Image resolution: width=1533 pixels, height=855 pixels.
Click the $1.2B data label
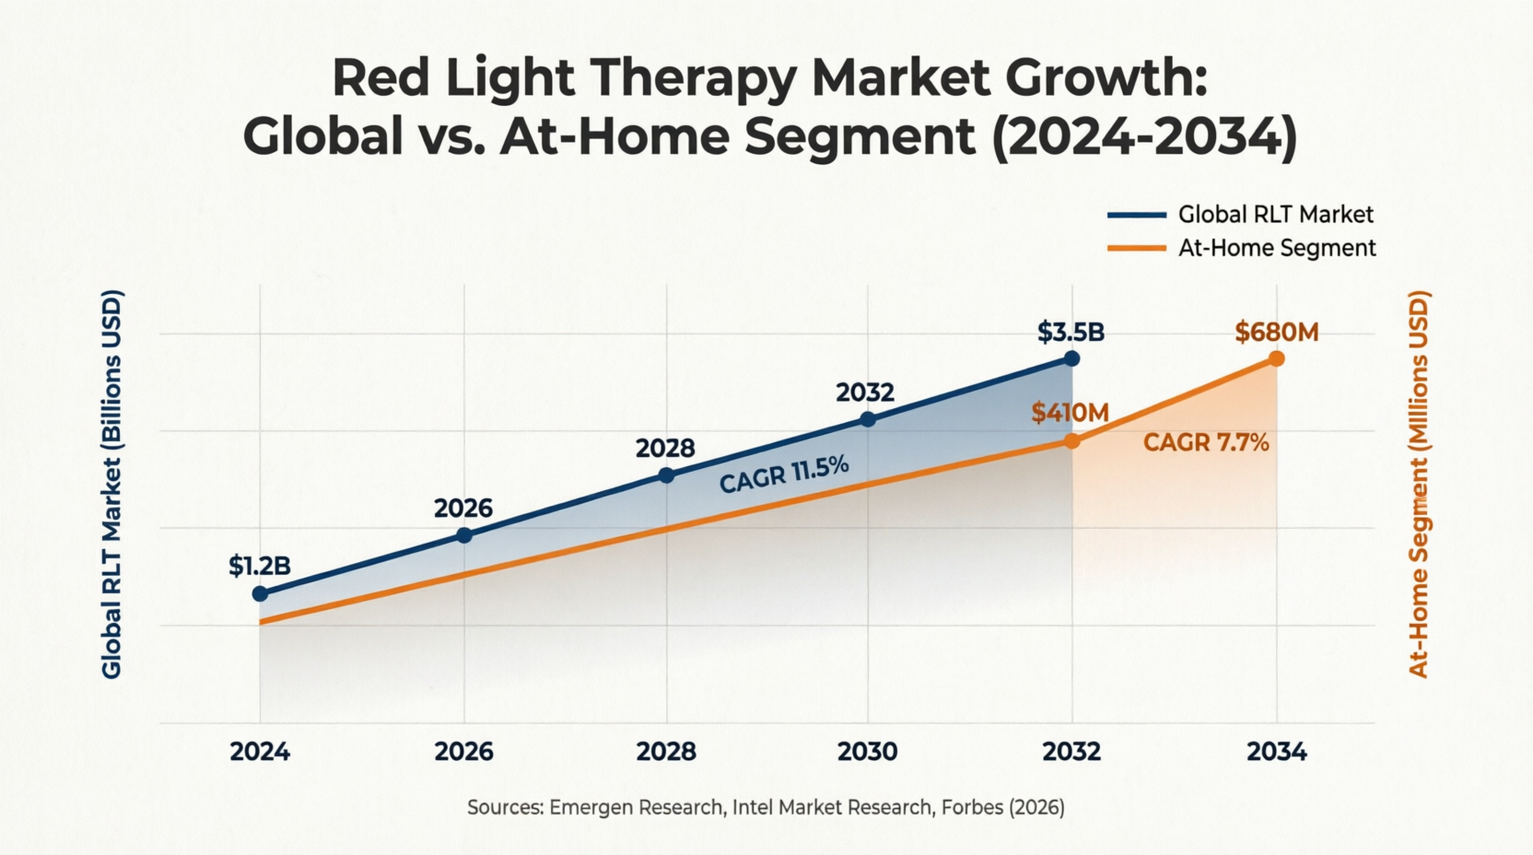tap(259, 566)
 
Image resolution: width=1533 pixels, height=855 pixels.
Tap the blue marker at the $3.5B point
tap(1071, 358)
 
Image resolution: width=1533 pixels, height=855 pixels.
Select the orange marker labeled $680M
tap(1276, 358)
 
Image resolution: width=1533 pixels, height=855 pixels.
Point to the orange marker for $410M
tap(1071, 441)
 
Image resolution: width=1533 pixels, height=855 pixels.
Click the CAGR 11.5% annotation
tap(784, 474)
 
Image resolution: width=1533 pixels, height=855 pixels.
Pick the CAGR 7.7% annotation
tap(1206, 443)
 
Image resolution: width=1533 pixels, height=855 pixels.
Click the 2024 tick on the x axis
tap(260, 752)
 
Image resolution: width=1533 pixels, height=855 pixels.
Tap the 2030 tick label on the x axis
tap(867, 752)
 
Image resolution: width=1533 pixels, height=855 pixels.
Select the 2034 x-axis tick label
tap(1276, 752)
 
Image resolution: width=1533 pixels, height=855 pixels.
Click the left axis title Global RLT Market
tap(111, 485)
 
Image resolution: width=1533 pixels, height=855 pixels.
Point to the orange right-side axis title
tap(1420, 485)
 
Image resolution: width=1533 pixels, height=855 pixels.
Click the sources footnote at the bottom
tap(766, 808)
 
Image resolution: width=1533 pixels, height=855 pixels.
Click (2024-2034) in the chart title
tap(1144, 136)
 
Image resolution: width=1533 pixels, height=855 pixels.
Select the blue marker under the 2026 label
tap(464, 535)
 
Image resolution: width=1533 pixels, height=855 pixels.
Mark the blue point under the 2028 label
tap(667, 475)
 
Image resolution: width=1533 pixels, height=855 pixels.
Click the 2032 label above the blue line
tap(865, 392)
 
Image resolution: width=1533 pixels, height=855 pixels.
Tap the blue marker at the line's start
tap(260, 594)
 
